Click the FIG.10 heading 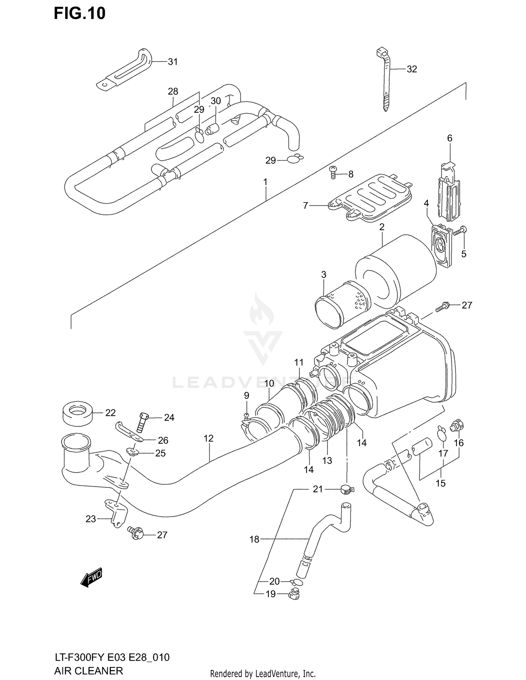[x=80, y=13]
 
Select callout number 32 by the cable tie [x=412, y=69]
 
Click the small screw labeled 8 [x=333, y=173]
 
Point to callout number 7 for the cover [x=305, y=206]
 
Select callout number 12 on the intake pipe [x=208, y=438]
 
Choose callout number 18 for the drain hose [x=254, y=539]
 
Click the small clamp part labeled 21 [x=346, y=490]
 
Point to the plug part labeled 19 [x=294, y=595]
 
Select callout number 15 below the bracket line [x=440, y=483]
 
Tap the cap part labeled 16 [x=457, y=425]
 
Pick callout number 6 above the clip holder [x=450, y=138]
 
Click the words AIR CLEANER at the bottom [x=89, y=671]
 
